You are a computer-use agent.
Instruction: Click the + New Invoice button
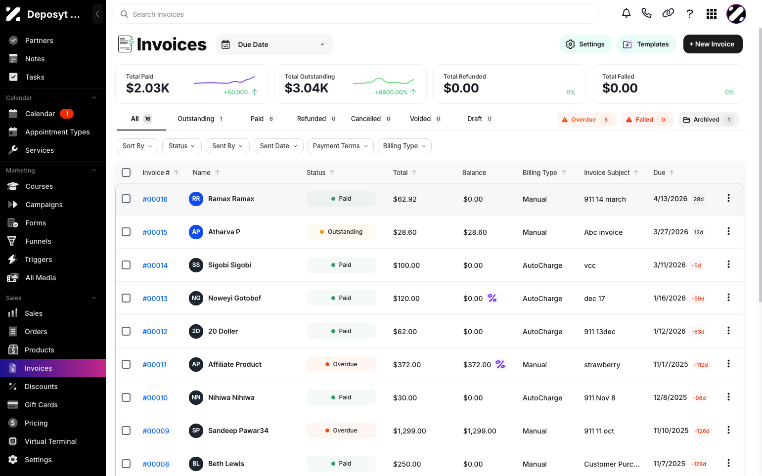(713, 44)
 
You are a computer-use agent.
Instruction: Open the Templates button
(646, 44)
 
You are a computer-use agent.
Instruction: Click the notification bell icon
(627, 14)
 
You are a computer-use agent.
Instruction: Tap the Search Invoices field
(356, 14)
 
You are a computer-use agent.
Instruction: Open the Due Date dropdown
(274, 44)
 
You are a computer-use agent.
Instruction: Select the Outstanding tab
(200, 119)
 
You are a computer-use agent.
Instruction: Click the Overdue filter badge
(586, 120)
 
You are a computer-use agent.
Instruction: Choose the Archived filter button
(709, 120)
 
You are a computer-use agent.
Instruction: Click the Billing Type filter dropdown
(404, 146)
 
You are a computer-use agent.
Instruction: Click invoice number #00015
(155, 232)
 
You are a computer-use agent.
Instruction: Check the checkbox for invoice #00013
(126, 298)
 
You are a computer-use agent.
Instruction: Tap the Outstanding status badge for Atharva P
(341, 232)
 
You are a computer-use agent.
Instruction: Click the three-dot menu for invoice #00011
(728, 364)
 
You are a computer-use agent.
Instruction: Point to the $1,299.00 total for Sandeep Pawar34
(409, 431)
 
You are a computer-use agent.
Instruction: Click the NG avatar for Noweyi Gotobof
(196, 298)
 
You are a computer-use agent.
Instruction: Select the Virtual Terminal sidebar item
(51, 441)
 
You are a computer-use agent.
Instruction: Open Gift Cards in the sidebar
(41, 405)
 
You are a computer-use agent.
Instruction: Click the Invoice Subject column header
(607, 173)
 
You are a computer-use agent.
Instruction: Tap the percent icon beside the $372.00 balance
(500, 364)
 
